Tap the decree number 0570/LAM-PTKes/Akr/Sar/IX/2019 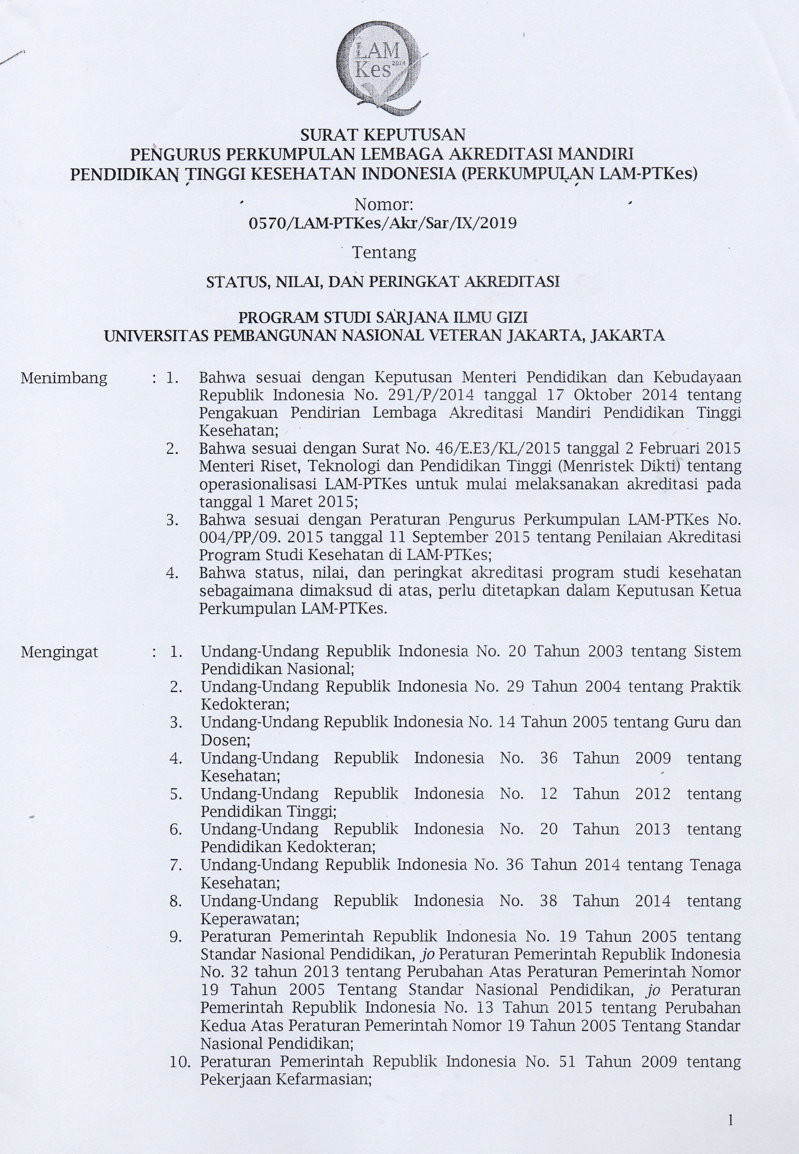[x=383, y=222]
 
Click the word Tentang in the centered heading [x=384, y=252]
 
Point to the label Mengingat [x=59, y=652]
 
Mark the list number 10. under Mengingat [x=180, y=1061]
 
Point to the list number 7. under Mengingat [x=176, y=865]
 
